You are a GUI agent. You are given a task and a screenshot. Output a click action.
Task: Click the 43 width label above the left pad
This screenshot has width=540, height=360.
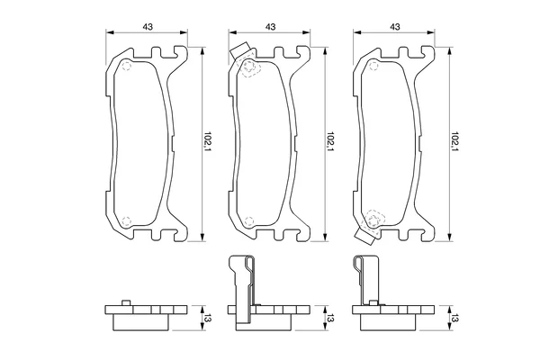[x=148, y=26]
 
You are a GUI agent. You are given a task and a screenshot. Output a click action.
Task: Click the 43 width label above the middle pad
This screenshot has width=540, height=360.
[x=271, y=26]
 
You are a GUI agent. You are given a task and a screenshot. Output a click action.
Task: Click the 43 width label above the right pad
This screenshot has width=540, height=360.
[x=395, y=26]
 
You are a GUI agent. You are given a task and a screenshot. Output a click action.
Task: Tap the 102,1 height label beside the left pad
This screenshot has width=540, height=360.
[x=207, y=142]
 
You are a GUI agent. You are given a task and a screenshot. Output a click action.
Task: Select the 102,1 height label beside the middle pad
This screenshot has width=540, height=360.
[x=330, y=142]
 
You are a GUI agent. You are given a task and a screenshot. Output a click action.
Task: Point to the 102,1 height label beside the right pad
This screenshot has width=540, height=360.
[x=454, y=142]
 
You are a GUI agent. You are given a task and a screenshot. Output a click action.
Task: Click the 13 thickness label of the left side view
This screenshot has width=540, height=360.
[x=208, y=318]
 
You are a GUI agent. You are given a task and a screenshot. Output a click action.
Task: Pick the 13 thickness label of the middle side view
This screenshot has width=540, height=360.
[x=331, y=318]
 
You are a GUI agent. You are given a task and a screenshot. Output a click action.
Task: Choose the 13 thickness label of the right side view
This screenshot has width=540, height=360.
[x=455, y=318]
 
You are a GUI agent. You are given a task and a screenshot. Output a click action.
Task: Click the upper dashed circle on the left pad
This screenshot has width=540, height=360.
[x=126, y=66]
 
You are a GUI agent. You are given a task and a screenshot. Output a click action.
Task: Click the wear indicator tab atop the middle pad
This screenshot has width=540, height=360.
[x=239, y=51]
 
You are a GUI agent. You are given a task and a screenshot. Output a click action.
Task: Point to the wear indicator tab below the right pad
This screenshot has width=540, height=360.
[x=364, y=237]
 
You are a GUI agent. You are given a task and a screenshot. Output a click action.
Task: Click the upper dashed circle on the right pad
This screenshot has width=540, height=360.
[x=373, y=66]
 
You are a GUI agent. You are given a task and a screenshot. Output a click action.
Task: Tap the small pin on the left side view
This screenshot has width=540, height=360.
[x=126, y=302]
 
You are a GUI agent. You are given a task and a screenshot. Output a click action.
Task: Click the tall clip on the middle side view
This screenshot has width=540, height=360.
[x=242, y=290]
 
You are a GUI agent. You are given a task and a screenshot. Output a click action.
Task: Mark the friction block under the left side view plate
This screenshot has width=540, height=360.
[x=141, y=322]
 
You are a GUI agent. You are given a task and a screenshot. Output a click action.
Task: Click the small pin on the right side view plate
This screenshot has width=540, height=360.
[x=373, y=302]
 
